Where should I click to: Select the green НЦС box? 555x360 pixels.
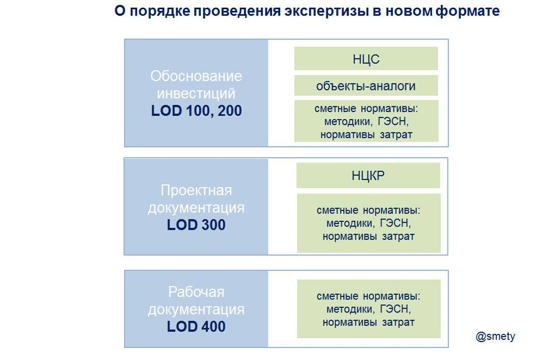tap(366, 59)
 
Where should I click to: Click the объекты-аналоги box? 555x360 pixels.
tap(366, 86)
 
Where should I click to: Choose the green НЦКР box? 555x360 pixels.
tap(368, 176)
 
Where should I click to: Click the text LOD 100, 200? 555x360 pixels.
tap(196, 111)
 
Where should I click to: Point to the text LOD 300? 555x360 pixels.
tap(196, 225)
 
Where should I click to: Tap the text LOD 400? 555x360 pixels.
tap(196, 327)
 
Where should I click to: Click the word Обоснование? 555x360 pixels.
tap(196, 76)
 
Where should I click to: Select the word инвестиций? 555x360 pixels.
tap(196, 93)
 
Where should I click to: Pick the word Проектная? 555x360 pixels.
tap(196, 190)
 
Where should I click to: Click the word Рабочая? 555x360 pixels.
tap(196, 292)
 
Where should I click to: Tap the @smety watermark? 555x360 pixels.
tap(495, 337)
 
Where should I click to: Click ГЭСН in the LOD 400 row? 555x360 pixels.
tap(395, 309)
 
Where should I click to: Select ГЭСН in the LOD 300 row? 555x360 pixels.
tap(395, 224)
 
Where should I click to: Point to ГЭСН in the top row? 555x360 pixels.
tap(393, 121)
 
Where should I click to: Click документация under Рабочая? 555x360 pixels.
tap(196, 309)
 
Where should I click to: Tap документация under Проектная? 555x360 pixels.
tap(196, 207)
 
